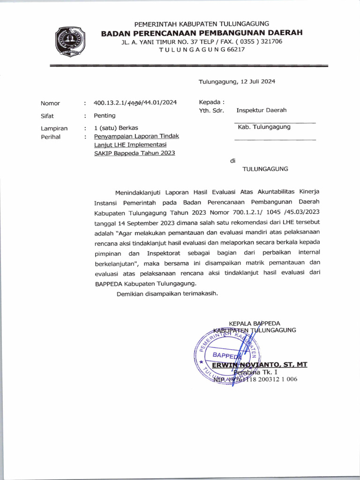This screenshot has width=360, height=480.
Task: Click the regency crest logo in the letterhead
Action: [x=70, y=42]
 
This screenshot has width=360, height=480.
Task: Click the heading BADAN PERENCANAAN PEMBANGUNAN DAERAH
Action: [x=202, y=32]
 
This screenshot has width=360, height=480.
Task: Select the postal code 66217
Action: [x=236, y=49]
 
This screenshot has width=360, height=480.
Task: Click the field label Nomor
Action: [x=51, y=103]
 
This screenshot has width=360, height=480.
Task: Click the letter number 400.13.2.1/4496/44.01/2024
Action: [x=135, y=103]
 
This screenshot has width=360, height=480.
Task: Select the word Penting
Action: [x=105, y=115]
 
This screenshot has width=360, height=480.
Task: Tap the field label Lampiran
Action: [x=54, y=127]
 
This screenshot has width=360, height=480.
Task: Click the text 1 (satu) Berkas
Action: [x=116, y=127]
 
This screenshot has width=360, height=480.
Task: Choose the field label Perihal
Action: [x=51, y=137]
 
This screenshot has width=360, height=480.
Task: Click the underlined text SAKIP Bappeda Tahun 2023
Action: [x=135, y=153]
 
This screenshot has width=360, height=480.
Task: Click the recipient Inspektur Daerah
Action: [x=261, y=111]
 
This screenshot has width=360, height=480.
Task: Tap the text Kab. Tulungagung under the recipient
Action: [x=264, y=127]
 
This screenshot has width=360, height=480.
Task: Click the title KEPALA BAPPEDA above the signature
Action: [x=254, y=323]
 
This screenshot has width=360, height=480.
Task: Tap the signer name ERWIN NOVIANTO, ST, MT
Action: [x=259, y=365]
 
